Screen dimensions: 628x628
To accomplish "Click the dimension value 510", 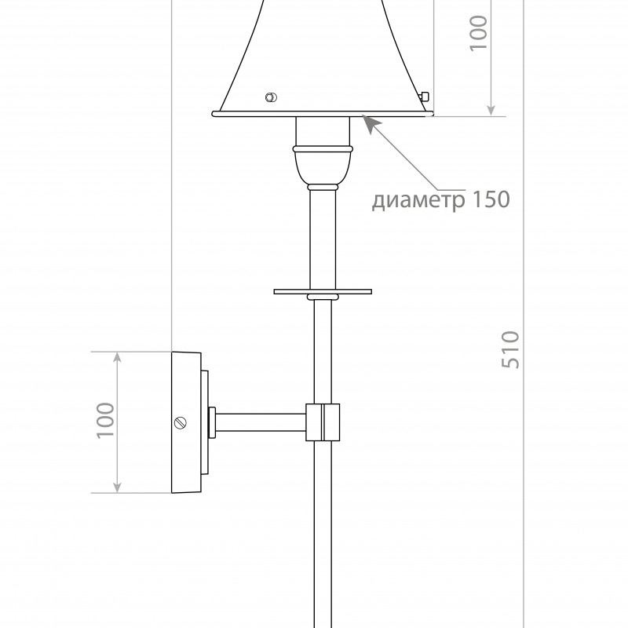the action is (510, 349).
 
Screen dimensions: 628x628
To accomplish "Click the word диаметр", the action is (418, 200).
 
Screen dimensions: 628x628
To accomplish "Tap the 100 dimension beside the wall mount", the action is (105, 420).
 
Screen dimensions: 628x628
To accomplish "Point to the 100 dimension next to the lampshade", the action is (478, 33).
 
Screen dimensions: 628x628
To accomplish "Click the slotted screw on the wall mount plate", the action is (181, 423).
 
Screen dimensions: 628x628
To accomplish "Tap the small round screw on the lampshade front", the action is (271, 97).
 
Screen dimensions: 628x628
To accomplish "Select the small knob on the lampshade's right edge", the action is (424, 96).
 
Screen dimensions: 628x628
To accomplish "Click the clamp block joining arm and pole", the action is (323, 422).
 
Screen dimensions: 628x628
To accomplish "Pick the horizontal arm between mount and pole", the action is (261, 422).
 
